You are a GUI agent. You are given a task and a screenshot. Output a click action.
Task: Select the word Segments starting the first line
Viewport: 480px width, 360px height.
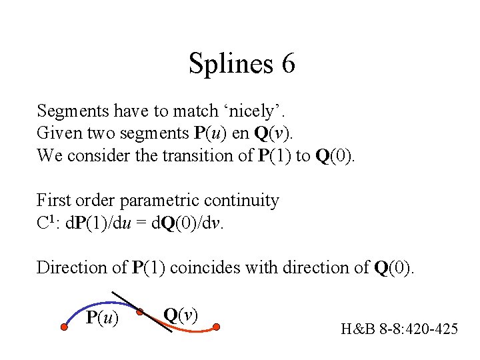(x=69, y=111)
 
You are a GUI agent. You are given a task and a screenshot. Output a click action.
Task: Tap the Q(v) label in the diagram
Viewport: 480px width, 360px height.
(x=179, y=315)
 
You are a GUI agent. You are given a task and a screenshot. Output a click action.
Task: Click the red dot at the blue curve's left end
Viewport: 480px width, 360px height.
(x=65, y=327)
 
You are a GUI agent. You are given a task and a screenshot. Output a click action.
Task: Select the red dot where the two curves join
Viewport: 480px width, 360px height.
(x=140, y=311)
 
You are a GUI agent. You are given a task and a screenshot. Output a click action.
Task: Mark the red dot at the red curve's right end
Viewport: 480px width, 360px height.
(x=217, y=327)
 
